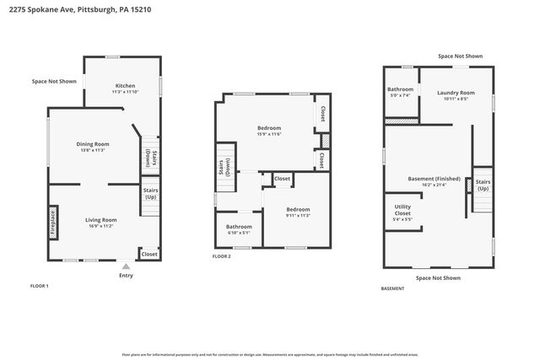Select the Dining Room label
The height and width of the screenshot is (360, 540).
pos(94,147)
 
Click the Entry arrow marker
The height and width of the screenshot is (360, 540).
pos(126,264)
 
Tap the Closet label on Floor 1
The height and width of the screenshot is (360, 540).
pos(148,254)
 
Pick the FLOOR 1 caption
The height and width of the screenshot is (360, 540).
pos(40,286)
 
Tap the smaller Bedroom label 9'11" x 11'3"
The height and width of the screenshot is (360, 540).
pos(297,212)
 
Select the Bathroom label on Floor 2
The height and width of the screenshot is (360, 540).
pos(239,228)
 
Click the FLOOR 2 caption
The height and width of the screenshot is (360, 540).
pos(221,255)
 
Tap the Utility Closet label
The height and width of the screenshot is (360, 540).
pos(402,209)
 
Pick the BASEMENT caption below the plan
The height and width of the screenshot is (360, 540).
pos(392,288)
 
